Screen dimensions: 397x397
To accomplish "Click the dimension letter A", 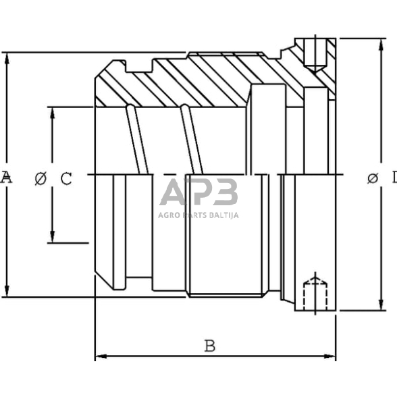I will point(6,178).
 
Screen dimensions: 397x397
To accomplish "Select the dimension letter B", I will point(210,346).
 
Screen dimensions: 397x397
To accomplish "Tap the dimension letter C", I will point(66,178).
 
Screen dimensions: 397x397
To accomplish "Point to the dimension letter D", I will point(393,178).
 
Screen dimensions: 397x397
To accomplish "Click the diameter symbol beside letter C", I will point(41,178).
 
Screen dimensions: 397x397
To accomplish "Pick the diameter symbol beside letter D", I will point(372,178).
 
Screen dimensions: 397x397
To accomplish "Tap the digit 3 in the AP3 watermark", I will point(224,192).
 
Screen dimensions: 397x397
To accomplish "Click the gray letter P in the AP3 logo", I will point(197,192).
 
